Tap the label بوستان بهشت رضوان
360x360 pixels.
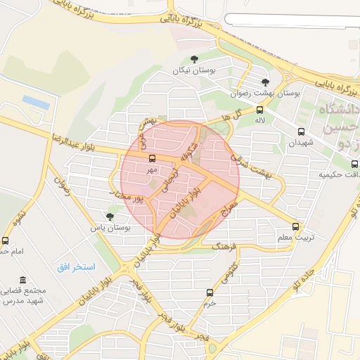tap(265, 93)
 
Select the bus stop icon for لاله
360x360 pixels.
tap(260, 110)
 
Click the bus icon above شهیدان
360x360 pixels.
tap(301, 131)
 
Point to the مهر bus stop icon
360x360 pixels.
tap(153, 158)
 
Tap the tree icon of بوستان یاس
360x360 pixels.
tap(109, 217)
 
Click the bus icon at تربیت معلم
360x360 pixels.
tap(295, 226)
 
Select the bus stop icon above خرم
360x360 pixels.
tap(210, 292)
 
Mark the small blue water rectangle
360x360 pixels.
tap(35, 102)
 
